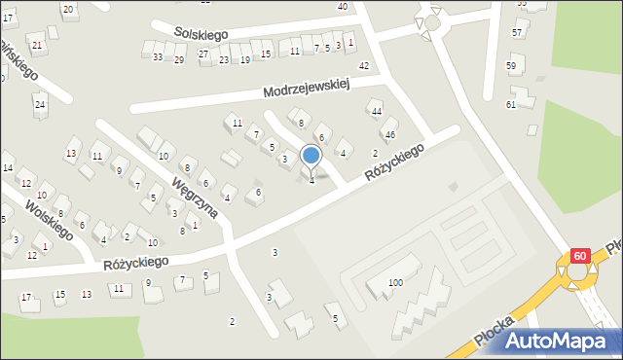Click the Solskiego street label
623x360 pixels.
coord(202,34)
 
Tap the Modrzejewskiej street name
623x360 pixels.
coord(307,90)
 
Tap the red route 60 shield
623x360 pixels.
coord(580,256)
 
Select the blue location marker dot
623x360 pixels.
coord(311,155)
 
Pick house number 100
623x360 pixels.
coord(395,282)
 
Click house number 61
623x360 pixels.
coord(511,104)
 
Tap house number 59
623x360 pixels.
coord(511,66)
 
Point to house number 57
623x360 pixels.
coord(517,33)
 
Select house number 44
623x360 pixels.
coord(376,111)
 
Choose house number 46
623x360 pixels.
coord(390,134)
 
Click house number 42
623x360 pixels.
coord(364,66)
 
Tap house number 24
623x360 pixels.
coord(40,104)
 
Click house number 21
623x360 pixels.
coord(36,46)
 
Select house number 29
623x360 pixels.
coord(179,60)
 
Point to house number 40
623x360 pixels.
coord(342,7)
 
